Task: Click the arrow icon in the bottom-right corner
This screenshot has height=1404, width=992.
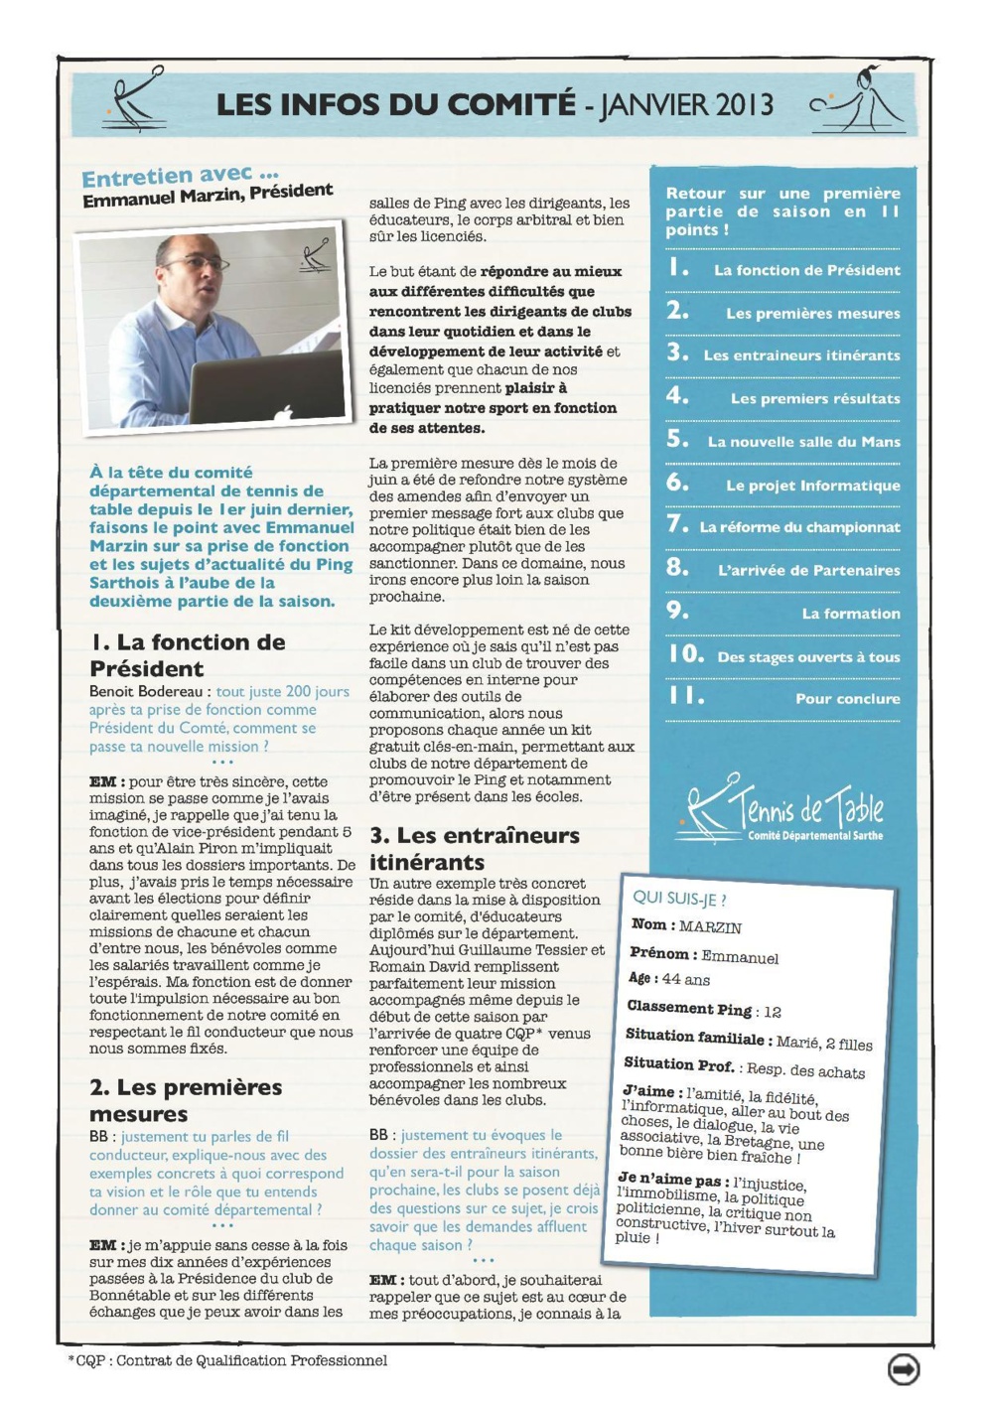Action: click(903, 1368)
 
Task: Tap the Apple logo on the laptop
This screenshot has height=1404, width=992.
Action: click(283, 412)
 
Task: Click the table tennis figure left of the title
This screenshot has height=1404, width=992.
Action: click(135, 99)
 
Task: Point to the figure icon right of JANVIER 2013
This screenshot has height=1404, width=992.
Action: click(859, 101)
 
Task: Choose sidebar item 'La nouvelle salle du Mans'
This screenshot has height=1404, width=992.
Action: click(803, 442)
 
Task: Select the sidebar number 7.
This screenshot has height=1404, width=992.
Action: click(677, 523)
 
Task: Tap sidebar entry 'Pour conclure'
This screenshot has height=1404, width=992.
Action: click(847, 699)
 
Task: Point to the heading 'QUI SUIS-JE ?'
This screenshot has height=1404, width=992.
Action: click(679, 899)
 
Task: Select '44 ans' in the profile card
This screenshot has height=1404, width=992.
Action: click(686, 980)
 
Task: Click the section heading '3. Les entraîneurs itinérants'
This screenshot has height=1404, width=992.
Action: click(474, 848)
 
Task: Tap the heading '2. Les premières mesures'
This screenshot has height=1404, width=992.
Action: click(186, 1100)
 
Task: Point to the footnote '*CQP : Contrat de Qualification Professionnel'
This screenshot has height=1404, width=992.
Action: click(227, 1360)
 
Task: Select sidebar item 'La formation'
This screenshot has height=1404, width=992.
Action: click(851, 614)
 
